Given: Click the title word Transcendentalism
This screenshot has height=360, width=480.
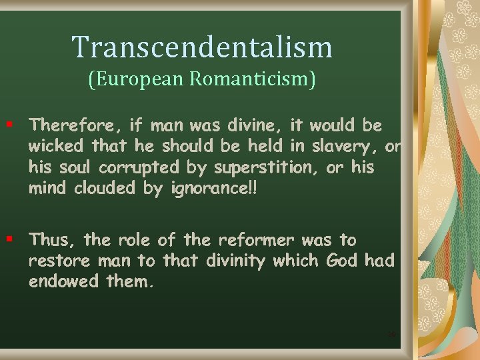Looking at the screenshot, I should pos(202,47).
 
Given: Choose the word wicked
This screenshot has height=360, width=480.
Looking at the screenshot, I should pos(56,146).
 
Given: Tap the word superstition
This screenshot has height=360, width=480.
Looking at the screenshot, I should pos(267,167).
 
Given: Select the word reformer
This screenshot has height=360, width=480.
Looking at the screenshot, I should pos(257,240).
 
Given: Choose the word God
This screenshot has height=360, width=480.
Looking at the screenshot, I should pos(342,261).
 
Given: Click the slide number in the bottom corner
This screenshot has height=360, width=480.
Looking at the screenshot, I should pos(392,333).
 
